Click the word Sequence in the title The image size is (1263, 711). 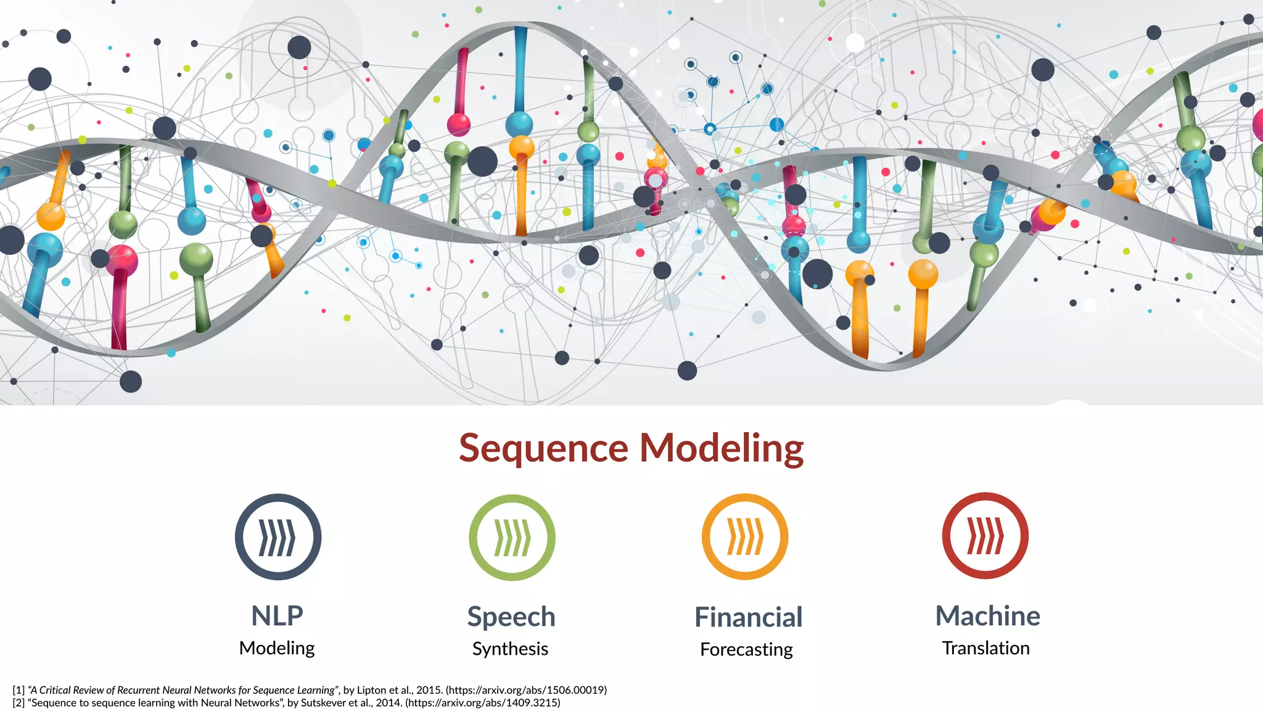(x=543, y=448)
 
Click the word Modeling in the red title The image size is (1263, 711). (x=721, y=448)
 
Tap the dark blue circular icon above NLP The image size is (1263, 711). (x=278, y=536)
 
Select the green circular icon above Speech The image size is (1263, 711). (x=512, y=537)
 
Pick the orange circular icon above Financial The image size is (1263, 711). (x=745, y=536)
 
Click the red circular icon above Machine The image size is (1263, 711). (x=985, y=536)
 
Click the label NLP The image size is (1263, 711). (x=277, y=615)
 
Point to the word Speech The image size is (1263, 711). (x=511, y=617)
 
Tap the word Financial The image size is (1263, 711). (x=748, y=617)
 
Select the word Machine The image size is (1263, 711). (x=987, y=616)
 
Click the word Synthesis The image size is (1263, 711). (x=510, y=649)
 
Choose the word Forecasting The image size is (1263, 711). (x=746, y=649)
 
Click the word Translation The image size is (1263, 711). (x=985, y=648)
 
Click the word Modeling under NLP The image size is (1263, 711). (x=277, y=648)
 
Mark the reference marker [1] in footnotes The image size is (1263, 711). (x=19, y=690)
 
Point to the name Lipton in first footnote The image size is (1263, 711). (x=372, y=690)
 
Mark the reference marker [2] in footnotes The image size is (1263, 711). (x=19, y=702)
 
